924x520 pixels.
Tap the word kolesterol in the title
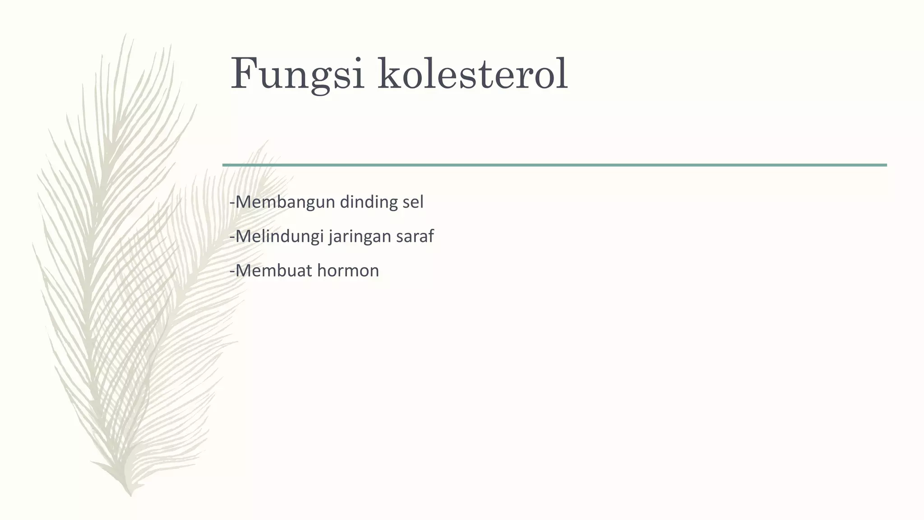pyautogui.click(x=473, y=74)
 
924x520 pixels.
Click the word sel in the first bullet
pyautogui.click(x=413, y=202)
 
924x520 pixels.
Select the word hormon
pyautogui.click(x=348, y=271)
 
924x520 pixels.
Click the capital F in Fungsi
pyautogui.click(x=244, y=74)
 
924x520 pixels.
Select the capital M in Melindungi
pyautogui.click(x=244, y=237)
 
